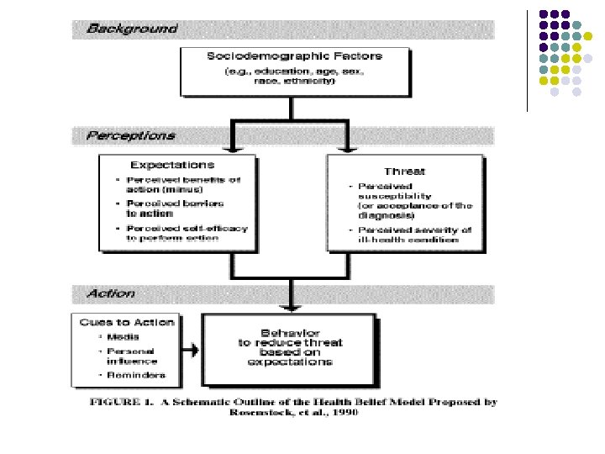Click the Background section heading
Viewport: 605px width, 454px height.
[x=133, y=29]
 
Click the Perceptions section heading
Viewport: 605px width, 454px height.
[x=131, y=135]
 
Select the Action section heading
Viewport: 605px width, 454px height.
[x=111, y=294]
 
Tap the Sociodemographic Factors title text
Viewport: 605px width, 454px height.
[x=294, y=56]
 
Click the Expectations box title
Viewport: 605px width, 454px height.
[x=172, y=165]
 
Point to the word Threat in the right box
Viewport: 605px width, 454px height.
[x=404, y=171]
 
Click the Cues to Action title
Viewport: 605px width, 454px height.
[x=127, y=322]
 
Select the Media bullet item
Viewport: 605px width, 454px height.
[x=123, y=337]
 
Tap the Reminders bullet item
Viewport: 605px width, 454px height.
[x=135, y=375]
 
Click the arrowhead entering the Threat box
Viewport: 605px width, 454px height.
[x=345, y=150]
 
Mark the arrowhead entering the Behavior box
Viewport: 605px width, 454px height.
[x=289, y=309]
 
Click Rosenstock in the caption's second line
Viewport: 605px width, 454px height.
[x=267, y=414]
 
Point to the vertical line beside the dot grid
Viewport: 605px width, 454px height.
[x=527, y=59]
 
